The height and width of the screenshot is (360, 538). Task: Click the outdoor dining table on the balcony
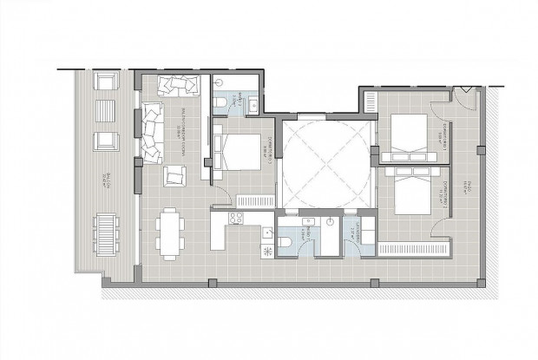pos(106,231)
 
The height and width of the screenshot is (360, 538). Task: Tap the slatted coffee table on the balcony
pos(106,110)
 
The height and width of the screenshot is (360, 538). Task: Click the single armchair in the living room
pos(175,176)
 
